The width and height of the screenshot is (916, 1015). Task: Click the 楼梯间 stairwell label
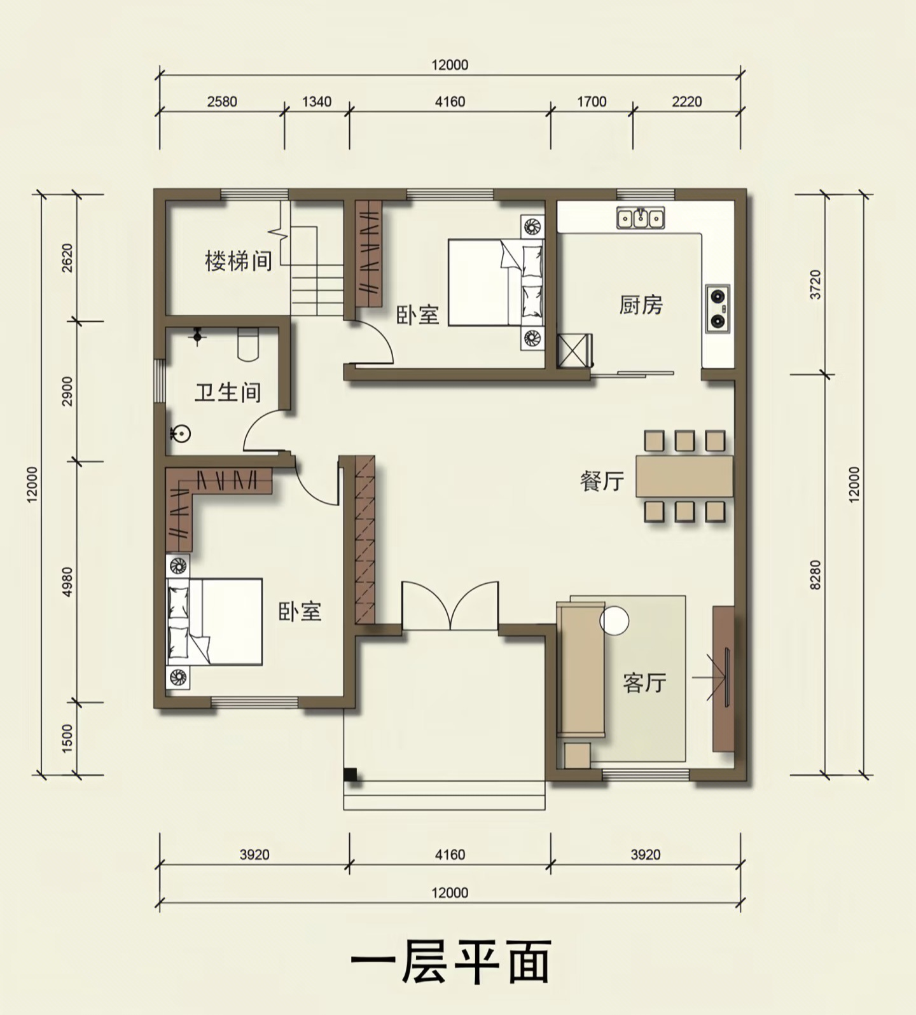pos(239,261)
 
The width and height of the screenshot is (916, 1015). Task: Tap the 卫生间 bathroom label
pos(228,392)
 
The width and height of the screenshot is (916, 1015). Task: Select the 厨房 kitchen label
pos(641,305)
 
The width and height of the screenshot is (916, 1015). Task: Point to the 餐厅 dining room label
pos(601,481)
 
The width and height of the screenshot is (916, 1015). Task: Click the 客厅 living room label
pos(644,683)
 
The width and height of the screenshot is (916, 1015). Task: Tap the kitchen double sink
pos(641,217)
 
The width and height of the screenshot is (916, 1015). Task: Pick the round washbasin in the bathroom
pos(181,434)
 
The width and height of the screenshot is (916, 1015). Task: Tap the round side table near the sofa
pos(615,619)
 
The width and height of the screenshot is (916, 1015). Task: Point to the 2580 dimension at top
pos(221,102)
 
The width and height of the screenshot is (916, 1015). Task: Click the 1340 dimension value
pos(316,102)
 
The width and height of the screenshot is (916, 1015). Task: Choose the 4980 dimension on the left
pos(68,581)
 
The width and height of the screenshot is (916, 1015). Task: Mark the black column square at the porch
pos(349,775)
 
